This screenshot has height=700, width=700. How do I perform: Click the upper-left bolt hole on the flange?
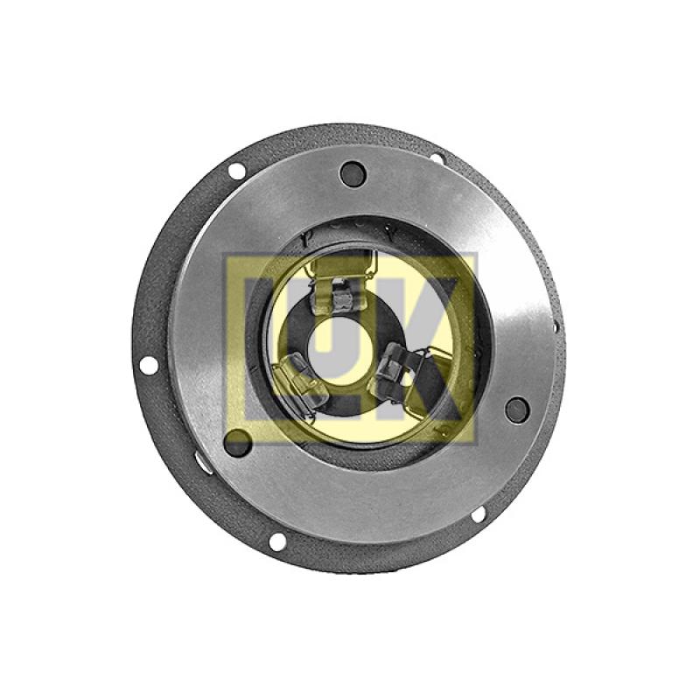[x=236, y=171]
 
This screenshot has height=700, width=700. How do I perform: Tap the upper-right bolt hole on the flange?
[x=437, y=158]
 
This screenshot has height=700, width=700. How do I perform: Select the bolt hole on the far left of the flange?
[x=149, y=366]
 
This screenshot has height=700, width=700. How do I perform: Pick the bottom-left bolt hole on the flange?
[x=277, y=542]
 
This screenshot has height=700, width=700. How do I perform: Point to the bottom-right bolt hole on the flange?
[x=478, y=514]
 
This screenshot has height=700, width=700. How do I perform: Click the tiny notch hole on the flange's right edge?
[x=556, y=327]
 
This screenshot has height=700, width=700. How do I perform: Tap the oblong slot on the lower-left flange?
[x=204, y=462]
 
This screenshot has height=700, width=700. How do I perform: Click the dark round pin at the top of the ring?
[x=353, y=173]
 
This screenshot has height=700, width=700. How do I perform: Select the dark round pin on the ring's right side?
[x=517, y=409]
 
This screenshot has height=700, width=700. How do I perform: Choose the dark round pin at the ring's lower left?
[x=237, y=443]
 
